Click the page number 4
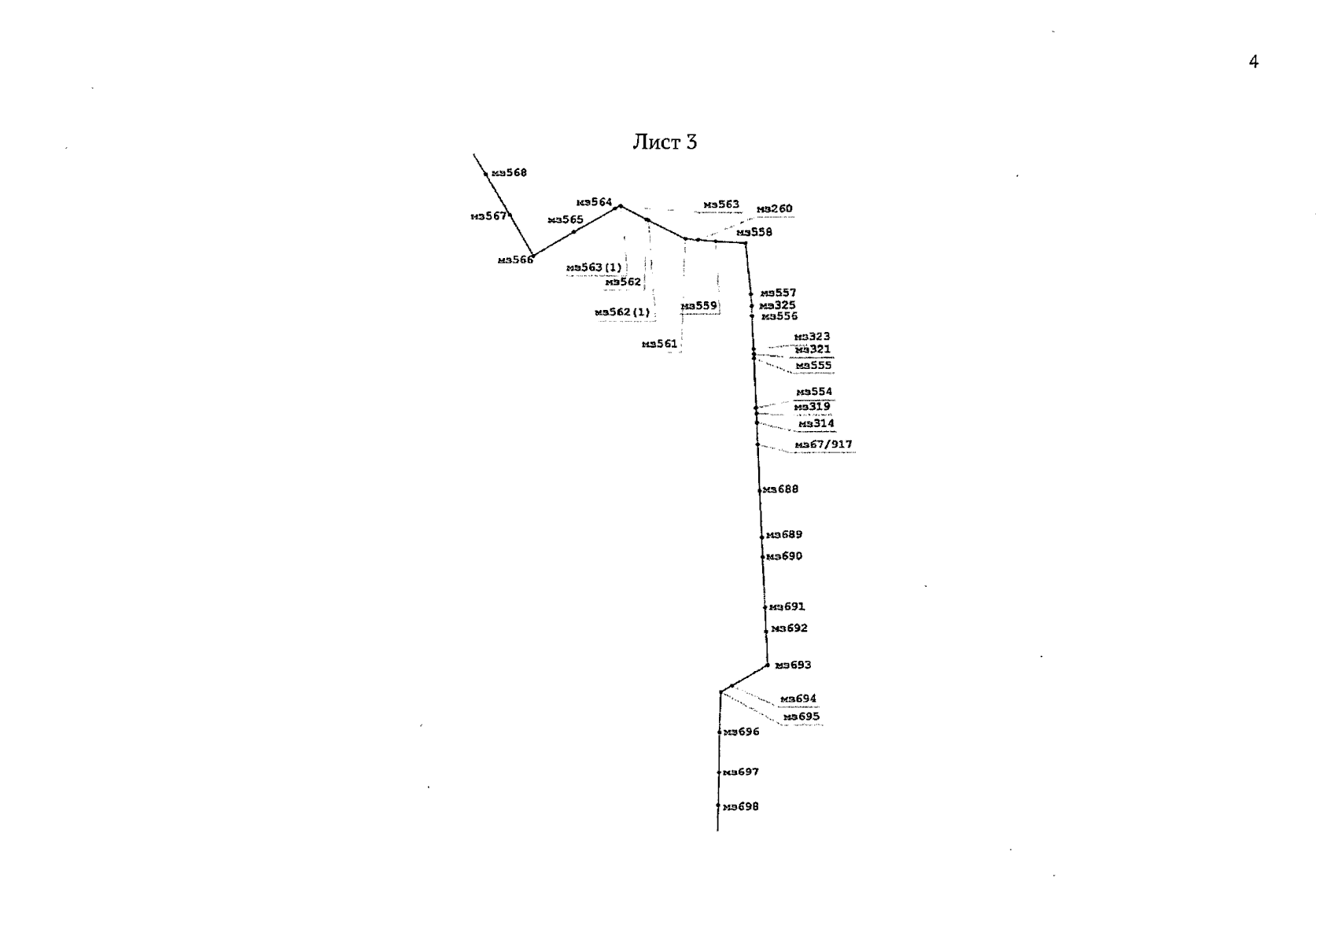tap(1253, 62)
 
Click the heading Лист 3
tap(665, 142)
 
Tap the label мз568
tap(509, 173)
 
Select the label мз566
tap(515, 260)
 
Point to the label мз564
tap(594, 202)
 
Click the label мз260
tap(775, 209)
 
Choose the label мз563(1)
tap(594, 268)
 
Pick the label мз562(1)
tap(623, 312)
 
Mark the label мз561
tap(659, 344)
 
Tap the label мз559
tap(699, 306)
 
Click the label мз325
tap(778, 305)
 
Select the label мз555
tap(813, 366)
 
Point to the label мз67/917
tap(824, 445)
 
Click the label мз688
tap(780, 489)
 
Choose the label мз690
tap(784, 556)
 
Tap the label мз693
tap(793, 666)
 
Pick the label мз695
tap(801, 717)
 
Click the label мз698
tap(741, 807)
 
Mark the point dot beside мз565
tap(574, 231)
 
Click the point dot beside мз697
tap(719, 773)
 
